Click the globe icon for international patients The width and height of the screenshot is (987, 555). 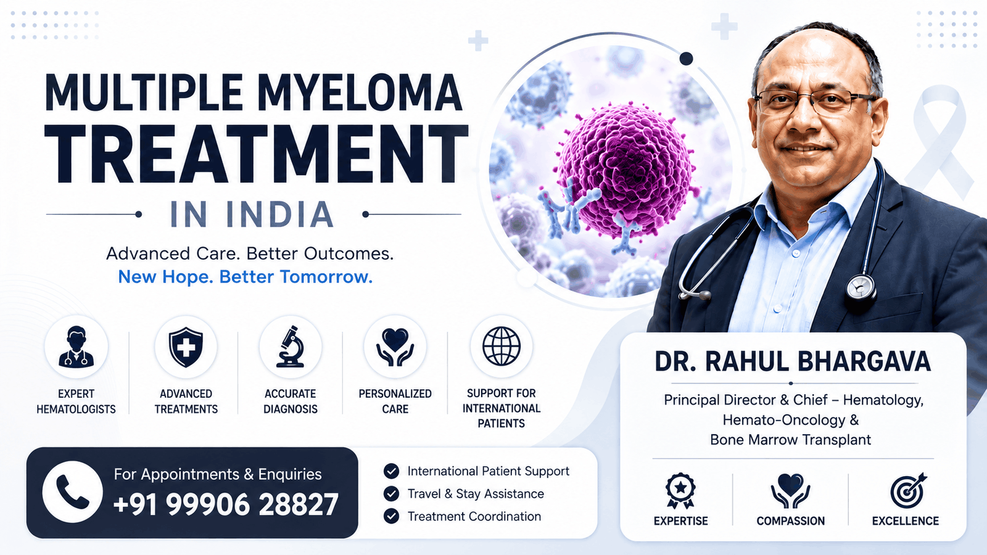point(502,346)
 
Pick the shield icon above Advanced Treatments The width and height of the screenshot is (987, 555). point(186,347)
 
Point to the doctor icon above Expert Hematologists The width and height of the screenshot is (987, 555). point(76,347)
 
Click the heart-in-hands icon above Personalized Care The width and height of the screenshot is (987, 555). point(395,347)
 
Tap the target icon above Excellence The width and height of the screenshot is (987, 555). point(907,490)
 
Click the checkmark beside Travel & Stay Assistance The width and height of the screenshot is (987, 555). point(391,494)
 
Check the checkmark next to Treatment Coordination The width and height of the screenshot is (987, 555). point(391,516)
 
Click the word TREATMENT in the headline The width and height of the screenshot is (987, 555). point(257,154)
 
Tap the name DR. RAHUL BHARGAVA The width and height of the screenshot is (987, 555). point(793,361)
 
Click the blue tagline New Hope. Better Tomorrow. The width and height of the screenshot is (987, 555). point(246,277)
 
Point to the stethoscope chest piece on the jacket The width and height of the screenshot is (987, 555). point(860,289)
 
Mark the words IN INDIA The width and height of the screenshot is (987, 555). point(252,215)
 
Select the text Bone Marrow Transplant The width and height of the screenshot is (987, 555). point(790,440)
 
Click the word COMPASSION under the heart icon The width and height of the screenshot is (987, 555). point(790,521)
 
